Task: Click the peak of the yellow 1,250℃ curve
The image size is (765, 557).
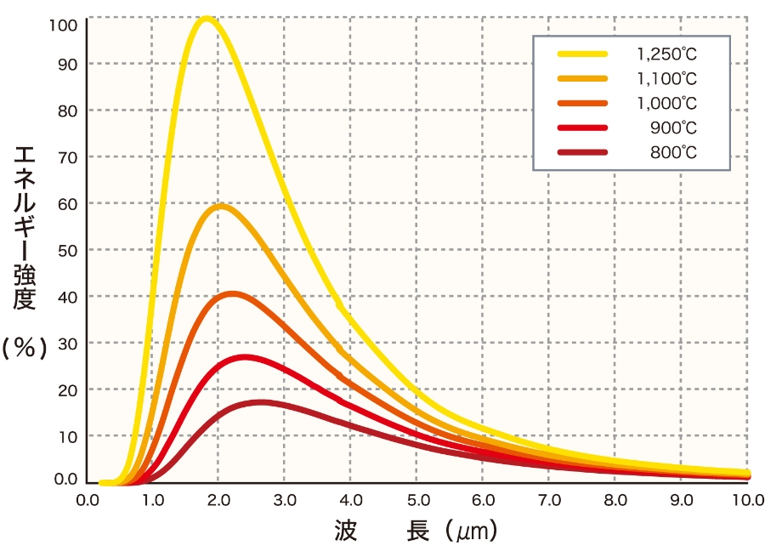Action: pyautogui.click(x=206, y=19)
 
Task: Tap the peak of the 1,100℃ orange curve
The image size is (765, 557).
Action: pyautogui.click(x=220, y=206)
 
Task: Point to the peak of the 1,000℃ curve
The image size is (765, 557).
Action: pyautogui.click(x=232, y=294)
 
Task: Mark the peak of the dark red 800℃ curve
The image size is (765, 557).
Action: pyautogui.click(x=260, y=402)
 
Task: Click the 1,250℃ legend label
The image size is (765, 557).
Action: pyautogui.click(x=667, y=54)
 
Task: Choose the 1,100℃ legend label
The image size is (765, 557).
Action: pyautogui.click(x=667, y=79)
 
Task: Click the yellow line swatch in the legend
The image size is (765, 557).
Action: pyautogui.click(x=582, y=54)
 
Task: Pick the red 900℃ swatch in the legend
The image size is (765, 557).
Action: pyautogui.click(x=582, y=128)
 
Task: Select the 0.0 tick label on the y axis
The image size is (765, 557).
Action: pyautogui.click(x=65, y=480)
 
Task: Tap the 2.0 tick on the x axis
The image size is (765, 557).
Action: pyautogui.click(x=219, y=500)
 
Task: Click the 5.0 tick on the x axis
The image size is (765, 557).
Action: pyautogui.click(x=417, y=500)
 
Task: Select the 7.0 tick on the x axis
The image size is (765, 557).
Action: pyautogui.click(x=550, y=500)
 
